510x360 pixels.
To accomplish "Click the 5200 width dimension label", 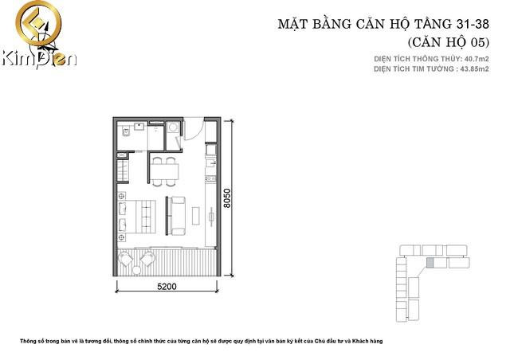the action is click(x=167, y=286).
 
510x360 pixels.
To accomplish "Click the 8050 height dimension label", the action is click(x=226, y=198).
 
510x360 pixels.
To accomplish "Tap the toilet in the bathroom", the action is click(x=126, y=131).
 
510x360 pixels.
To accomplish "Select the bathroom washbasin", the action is click(x=140, y=126).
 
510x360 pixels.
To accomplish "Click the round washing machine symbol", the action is click(x=173, y=127).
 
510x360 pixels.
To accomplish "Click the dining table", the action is click(x=164, y=171).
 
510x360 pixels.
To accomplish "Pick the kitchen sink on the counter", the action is click(x=210, y=162).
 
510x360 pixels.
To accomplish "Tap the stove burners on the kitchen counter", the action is click(x=210, y=178).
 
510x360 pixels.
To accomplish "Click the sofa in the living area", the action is click(x=177, y=216).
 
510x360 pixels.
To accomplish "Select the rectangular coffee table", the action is click(x=196, y=216).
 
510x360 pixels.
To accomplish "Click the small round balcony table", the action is click(x=136, y=270).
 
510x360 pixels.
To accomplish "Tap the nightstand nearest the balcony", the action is click(x=122, y=237).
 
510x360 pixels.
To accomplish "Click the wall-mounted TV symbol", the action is click(x=211, y=216).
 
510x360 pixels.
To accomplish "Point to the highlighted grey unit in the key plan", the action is click(x=430, y=263).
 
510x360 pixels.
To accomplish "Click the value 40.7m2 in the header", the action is click(x=477, y=59).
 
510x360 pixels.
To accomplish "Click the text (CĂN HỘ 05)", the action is click(x=448, y=42).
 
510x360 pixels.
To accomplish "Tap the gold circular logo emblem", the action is click(x=38, y=24).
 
